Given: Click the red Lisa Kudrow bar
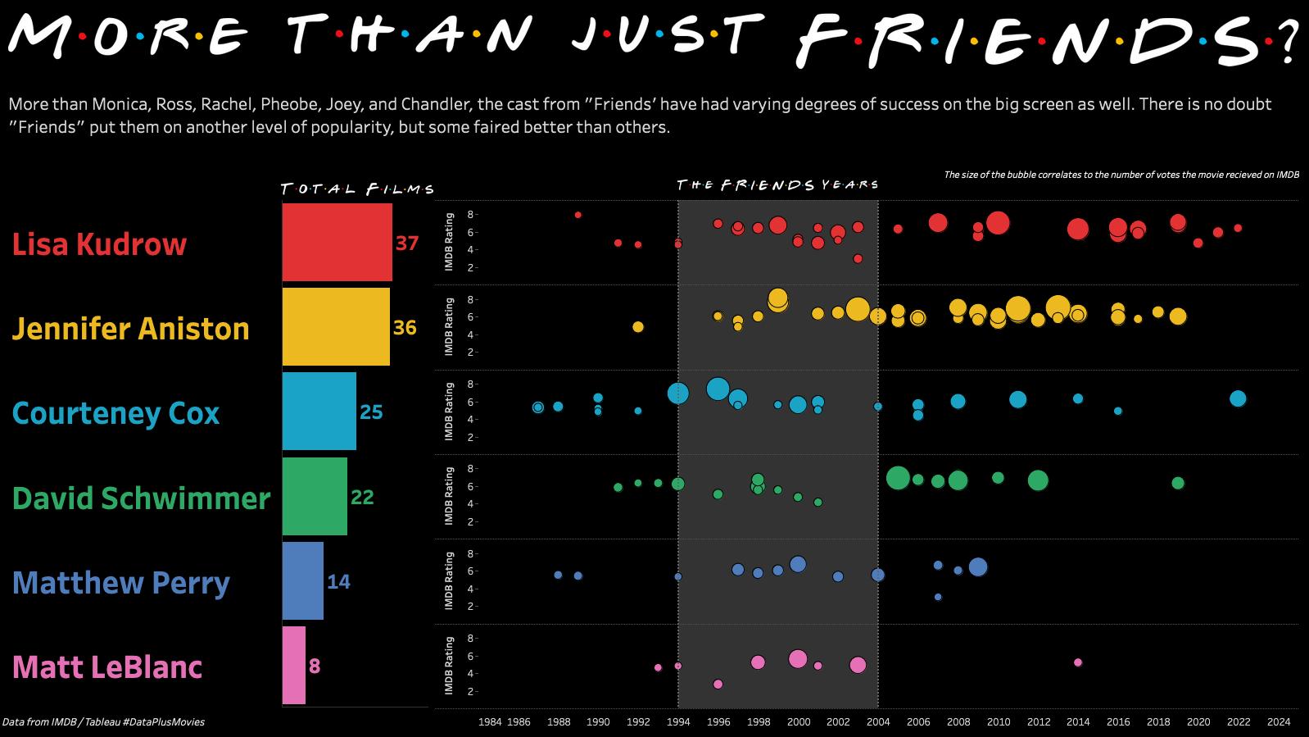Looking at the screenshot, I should click(x=337, y=242).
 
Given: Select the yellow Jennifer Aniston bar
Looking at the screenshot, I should click(x=336, y=326).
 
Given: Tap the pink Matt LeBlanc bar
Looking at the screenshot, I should click(x=294, y=665).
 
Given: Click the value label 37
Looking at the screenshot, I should click(x=407, y=243).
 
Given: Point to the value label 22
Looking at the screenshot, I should click(x=362, y=498).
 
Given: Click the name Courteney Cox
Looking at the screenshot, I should click(x=115, y=413).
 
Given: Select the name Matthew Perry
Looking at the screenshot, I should click(x=121, y=583).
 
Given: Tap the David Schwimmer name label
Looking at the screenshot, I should click(x=141, y=498).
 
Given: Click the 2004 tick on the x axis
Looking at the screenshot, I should click(x=878, y=722).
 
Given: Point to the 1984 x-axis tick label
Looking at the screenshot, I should click(x=490, y=722).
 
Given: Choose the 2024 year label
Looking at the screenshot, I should click(x=1279, y=722).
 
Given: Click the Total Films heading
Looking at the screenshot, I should click(x=357, y=189).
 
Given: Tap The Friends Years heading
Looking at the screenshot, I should click(x=777, y=185).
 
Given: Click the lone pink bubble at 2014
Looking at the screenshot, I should click(x=1078, y=662).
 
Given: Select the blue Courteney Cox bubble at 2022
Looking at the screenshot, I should click(x=1238, y=398).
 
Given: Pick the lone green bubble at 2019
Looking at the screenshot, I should click(x=1178, y=483).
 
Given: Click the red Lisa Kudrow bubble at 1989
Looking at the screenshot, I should click(x=578, y=215).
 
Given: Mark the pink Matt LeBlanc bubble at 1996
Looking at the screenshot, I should click(x=718, y=684).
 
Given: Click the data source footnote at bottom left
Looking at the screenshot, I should click(x=103, y=722).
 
